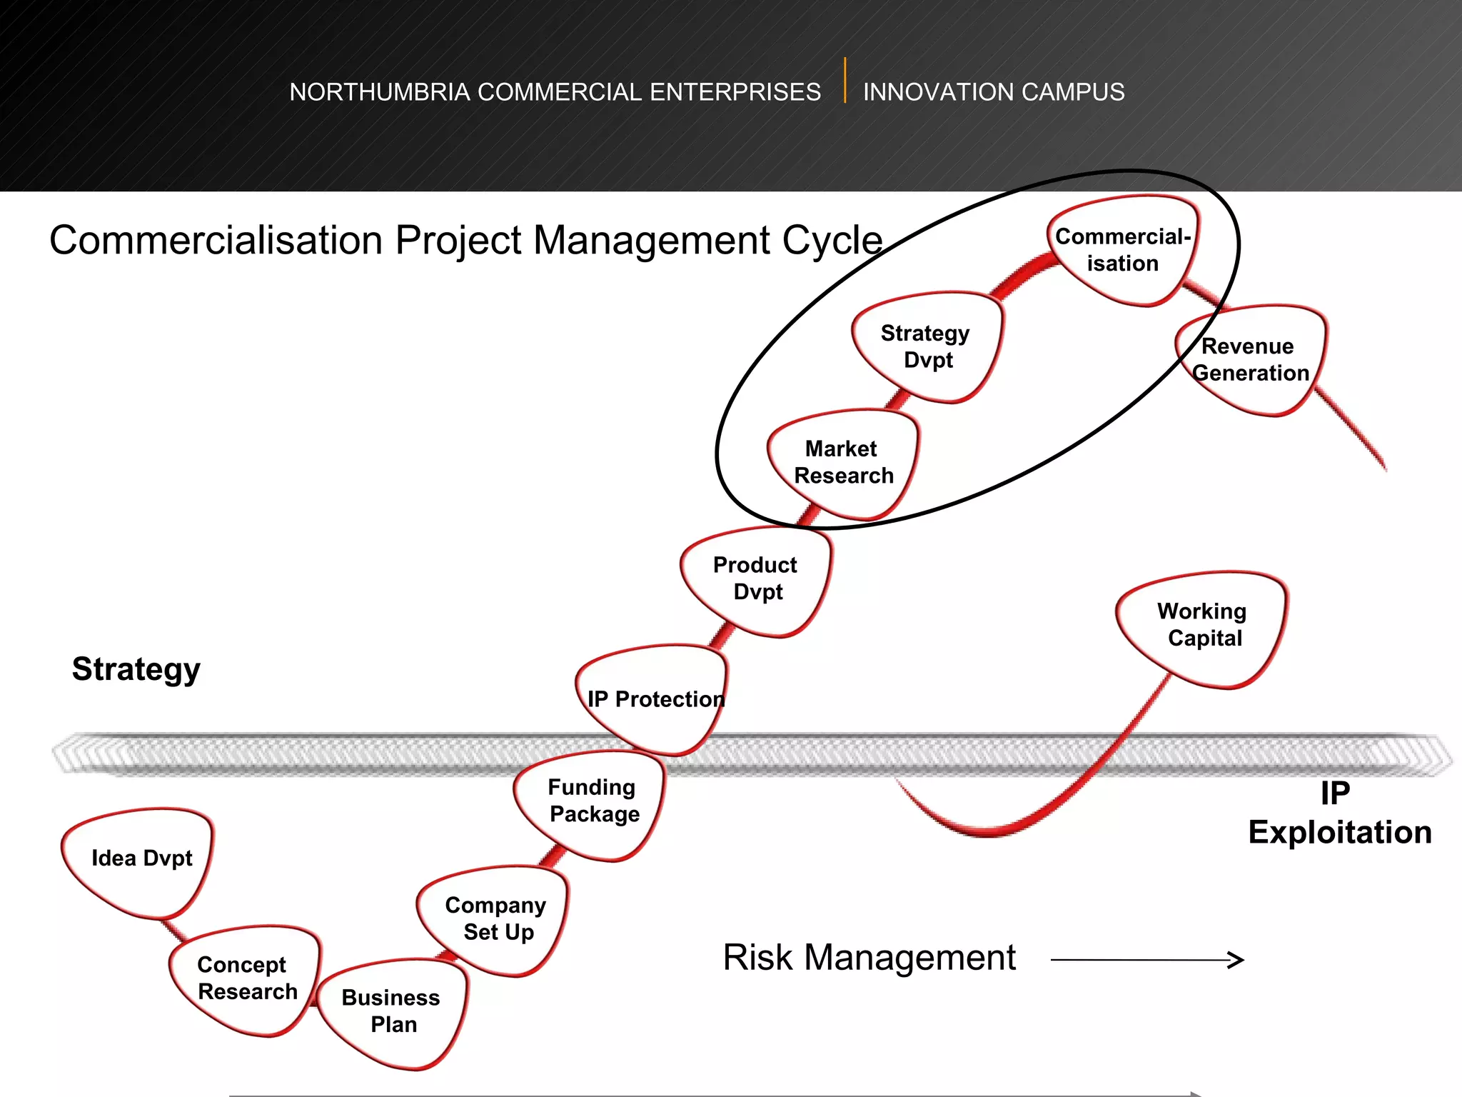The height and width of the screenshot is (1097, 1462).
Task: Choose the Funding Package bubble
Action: click(593, 801)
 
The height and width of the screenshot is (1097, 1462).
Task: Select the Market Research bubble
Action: click(843, 462)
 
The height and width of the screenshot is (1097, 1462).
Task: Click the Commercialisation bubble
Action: click(1123, 250)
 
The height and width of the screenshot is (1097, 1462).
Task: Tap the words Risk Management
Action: click(869, 958)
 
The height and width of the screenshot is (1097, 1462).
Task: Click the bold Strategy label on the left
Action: click(136, 669)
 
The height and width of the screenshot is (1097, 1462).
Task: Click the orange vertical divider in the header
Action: click(845, 80)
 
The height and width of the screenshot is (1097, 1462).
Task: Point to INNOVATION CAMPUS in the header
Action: click(993, 92)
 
